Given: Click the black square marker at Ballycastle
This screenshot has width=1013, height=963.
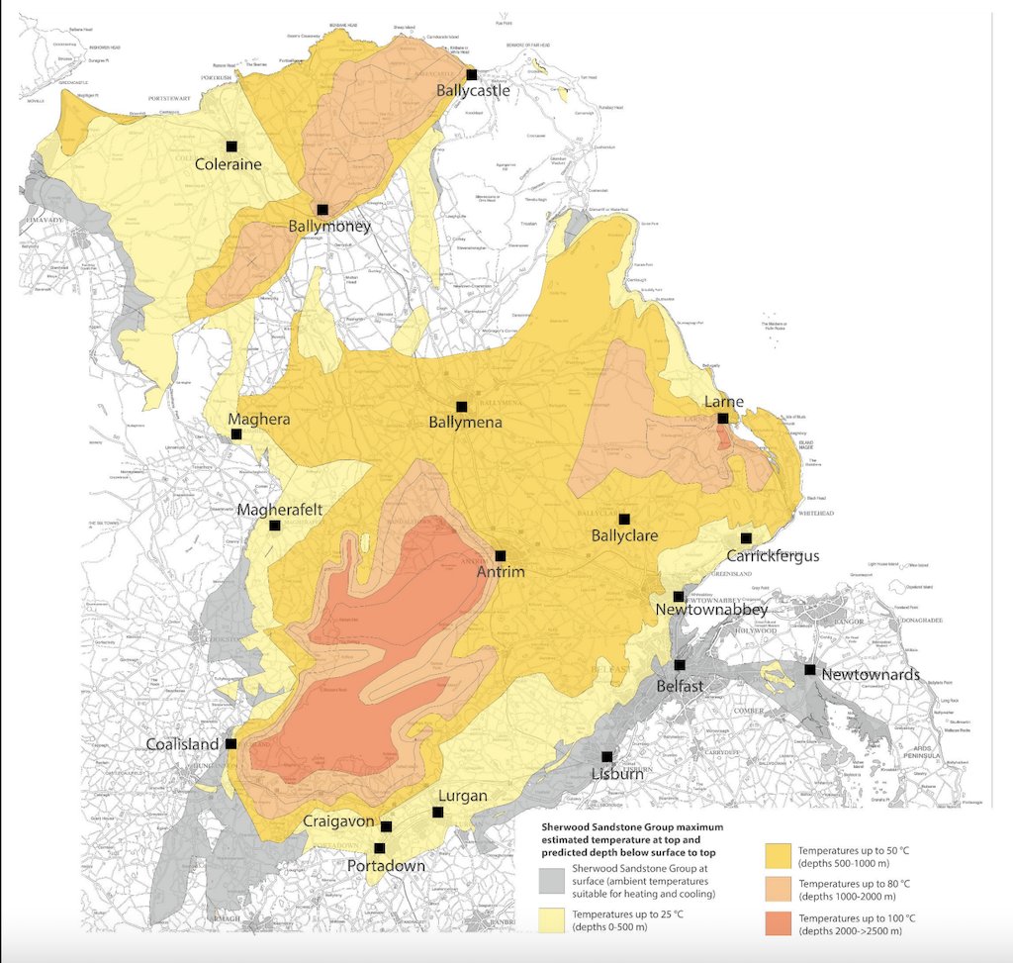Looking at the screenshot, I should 472,74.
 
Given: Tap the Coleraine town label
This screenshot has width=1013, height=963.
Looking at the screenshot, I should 229,164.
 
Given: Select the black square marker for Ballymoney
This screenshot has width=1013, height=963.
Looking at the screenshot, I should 322,210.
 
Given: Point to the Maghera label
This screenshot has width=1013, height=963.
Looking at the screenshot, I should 258,419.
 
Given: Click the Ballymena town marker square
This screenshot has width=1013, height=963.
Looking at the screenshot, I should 461,406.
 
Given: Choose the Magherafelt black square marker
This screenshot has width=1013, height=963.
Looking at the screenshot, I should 274,526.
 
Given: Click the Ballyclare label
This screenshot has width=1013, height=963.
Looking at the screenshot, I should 624,535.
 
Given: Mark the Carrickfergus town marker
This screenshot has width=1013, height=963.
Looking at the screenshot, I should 746,537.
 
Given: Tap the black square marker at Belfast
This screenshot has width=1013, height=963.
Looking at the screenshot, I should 680,665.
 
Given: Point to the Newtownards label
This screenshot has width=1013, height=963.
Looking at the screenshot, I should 871,675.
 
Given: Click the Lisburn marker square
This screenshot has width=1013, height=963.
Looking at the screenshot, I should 607,756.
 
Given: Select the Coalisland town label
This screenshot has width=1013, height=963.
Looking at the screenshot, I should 186,744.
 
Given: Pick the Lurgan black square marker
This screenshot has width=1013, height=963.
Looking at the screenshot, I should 437,813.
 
